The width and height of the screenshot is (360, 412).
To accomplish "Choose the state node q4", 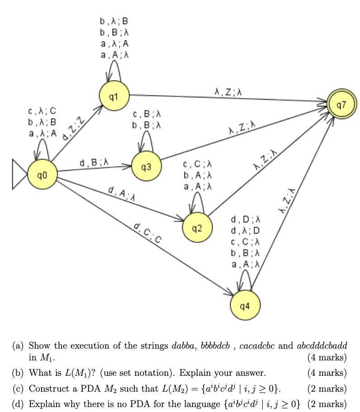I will (245, 306).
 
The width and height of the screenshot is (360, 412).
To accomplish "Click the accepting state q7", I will (342, 105).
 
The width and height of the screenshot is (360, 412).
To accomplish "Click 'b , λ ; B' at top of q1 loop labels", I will (114, 21).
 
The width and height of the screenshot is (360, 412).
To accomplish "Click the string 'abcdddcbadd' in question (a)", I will (322, 345).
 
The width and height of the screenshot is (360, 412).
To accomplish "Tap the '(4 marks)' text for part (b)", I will (327, 373).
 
